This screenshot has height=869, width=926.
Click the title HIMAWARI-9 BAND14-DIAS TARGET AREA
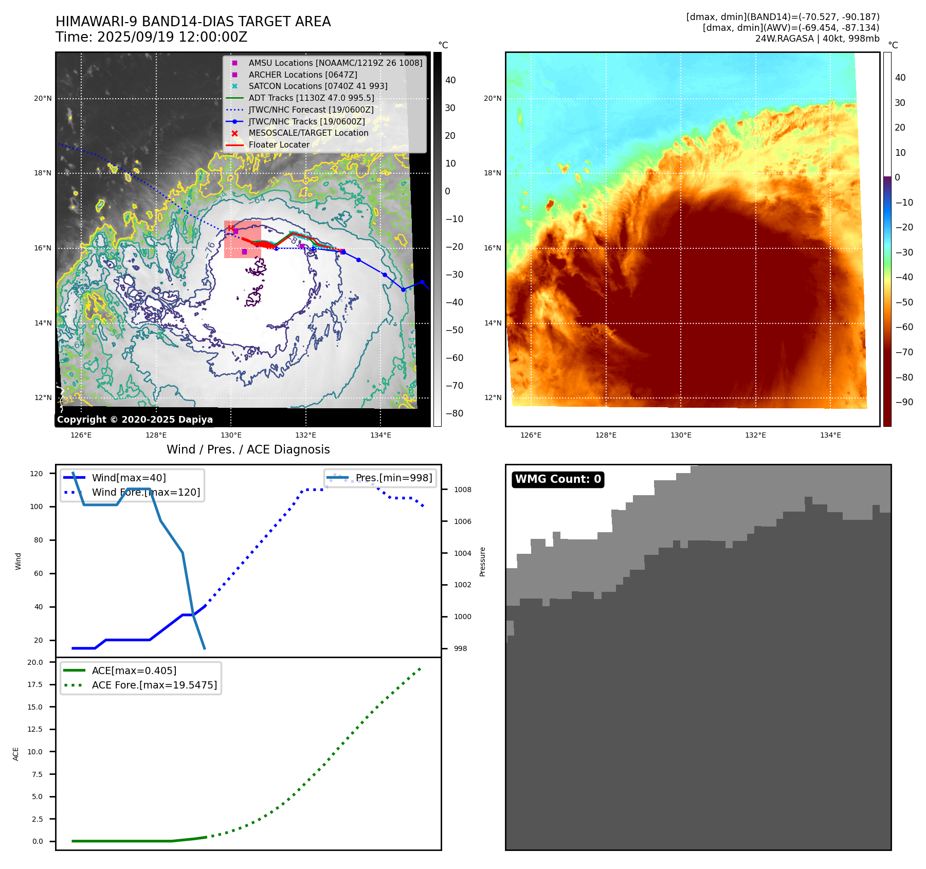coord(193,22)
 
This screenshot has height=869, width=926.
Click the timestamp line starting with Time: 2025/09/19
coord(151,37)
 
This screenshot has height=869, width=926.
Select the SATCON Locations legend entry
coord(318,86)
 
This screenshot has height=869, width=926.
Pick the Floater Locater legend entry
coord(279,145)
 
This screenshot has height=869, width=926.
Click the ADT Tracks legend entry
coord(311,98)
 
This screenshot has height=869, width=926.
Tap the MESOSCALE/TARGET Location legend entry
coord(308,133)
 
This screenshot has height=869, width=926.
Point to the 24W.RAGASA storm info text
coord(817,39)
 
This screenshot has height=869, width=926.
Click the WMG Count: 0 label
coord(558,479)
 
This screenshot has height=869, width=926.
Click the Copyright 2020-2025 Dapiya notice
coord(135,420)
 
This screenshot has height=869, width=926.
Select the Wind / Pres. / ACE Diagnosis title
coord(248,449)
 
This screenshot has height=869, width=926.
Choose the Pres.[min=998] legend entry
coord(394,478)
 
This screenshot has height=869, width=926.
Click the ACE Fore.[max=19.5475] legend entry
coord(154,685)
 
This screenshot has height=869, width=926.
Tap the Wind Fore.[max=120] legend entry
coord(146,493)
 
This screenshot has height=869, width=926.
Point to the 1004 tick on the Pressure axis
coord(462,553)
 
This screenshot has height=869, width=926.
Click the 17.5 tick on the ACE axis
coord(35,684)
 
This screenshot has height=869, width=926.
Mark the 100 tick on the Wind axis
coord(37,506)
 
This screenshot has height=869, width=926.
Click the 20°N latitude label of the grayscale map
coord(43,99)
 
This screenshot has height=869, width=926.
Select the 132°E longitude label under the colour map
coord(755,436)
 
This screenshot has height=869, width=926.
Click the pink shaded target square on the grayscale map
coord(242,240)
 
